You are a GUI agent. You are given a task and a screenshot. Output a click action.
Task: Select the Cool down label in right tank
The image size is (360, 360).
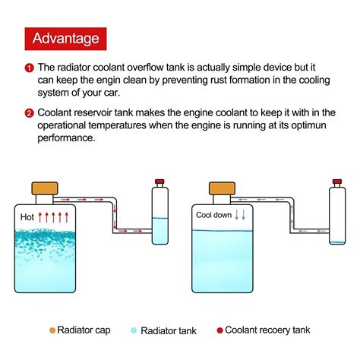[215, 215]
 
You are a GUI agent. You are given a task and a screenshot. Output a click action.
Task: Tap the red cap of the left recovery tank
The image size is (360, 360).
[159, 182]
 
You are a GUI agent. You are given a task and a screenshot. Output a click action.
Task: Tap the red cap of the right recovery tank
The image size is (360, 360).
[337, 182]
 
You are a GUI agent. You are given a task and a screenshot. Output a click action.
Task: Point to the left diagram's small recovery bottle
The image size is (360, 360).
[159, 216]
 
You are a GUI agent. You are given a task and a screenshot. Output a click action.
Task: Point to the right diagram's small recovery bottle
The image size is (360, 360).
[337, 216]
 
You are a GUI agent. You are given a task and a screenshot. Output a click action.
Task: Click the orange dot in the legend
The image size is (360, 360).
[52, 330]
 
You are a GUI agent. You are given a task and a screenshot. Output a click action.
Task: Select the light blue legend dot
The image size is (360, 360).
[134, 330]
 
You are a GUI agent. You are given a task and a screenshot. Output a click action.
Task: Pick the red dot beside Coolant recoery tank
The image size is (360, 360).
[219, 330]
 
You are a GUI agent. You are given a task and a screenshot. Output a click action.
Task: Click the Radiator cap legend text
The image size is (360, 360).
[86, 330]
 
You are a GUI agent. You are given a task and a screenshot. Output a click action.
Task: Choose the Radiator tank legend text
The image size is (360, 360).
[169, 330]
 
